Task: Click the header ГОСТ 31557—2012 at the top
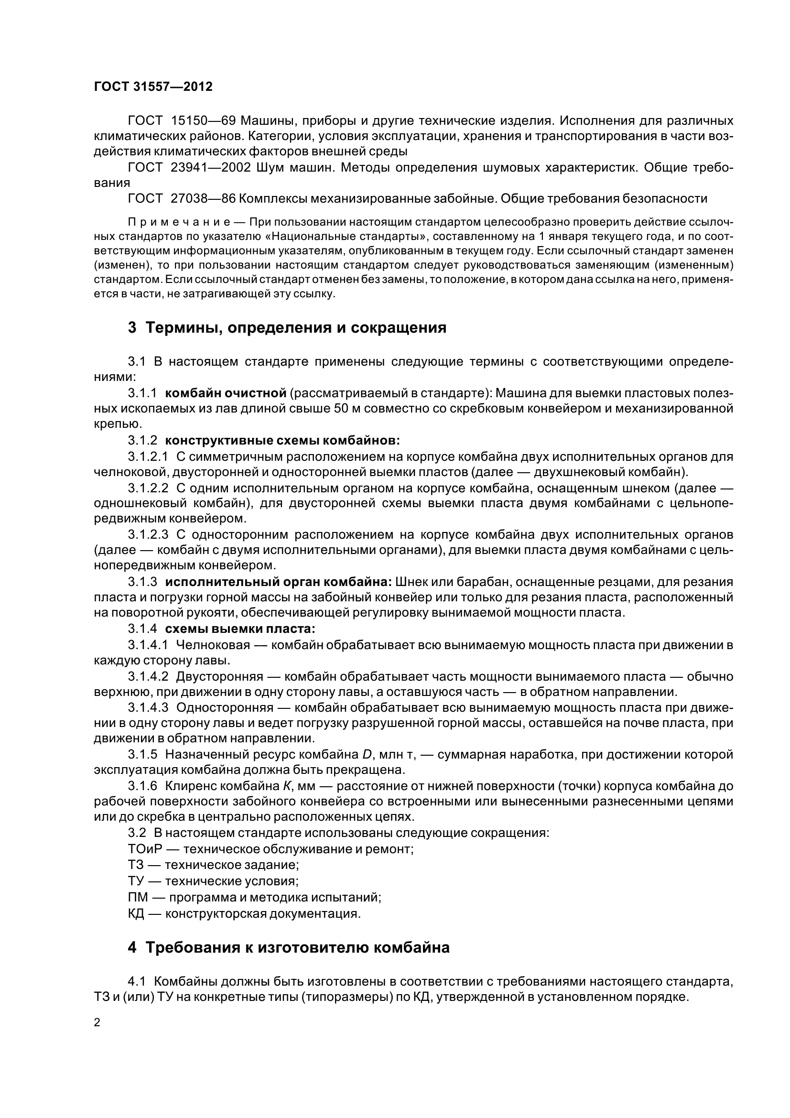point(153,87)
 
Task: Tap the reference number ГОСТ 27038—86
point(182,199)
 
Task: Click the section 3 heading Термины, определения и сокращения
point(287,328)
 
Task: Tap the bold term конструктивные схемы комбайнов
point(282,441)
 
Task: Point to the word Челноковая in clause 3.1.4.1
point(213,645)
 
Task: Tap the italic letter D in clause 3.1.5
point(367,755)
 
